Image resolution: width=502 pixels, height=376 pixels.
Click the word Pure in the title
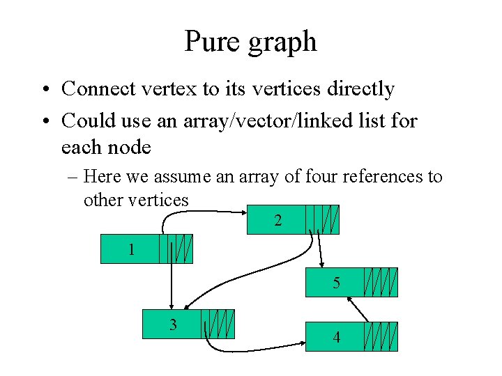tap(213, 42)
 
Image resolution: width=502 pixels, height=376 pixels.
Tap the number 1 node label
tap(131, 249)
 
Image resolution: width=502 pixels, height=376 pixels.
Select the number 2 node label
tap(278, 221)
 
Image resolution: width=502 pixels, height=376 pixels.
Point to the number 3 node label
tap(173, 324)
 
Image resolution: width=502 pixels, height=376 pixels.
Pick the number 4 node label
tap(337, 338)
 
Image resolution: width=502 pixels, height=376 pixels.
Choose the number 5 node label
tap(336, 283)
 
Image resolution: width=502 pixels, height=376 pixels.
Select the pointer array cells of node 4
tap(381, 336)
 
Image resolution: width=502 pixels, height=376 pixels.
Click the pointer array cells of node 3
tap(218, 324)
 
